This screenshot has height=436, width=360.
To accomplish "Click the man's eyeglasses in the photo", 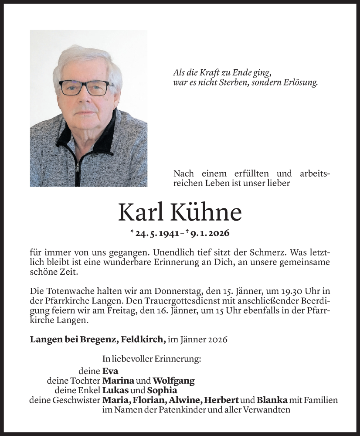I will pos(87,87).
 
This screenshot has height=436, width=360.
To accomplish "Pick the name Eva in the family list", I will pos(110,371).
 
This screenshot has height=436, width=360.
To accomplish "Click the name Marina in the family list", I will pos(118,381).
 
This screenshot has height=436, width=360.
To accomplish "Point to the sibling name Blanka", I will pos(272,400).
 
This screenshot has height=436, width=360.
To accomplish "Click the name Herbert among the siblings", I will pos(222,400).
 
